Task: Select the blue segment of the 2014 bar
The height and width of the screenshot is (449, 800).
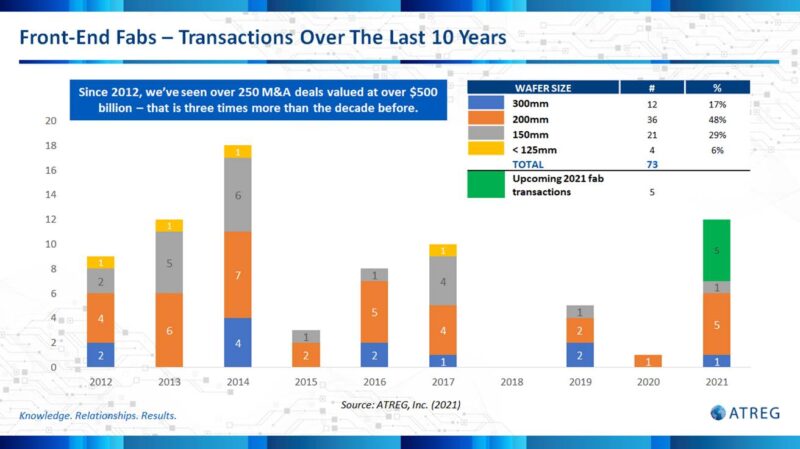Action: tap(238, 343)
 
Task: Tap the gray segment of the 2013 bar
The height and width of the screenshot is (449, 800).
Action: tap(169, 263)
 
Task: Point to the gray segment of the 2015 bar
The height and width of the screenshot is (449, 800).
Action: tap(307, 337)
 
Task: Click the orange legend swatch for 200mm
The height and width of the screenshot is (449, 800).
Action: tap(486, 117)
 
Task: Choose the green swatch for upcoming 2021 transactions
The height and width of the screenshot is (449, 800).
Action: tap(486, 184)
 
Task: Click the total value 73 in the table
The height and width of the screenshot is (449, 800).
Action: tap(653, 162)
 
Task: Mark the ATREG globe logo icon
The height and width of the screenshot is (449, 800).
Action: tap(719, 412)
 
